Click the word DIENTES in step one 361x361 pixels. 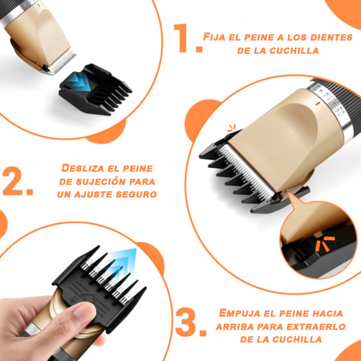click(332, 37)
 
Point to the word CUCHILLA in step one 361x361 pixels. click(294, 51)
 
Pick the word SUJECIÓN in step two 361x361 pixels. click(100, 182)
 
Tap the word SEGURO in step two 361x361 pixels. click(136, 194)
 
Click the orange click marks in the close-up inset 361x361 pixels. click(324, 244)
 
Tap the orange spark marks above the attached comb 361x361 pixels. click(232, 128)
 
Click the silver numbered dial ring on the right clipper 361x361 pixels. click(332, 105)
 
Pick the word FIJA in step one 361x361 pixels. click(214, 37)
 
